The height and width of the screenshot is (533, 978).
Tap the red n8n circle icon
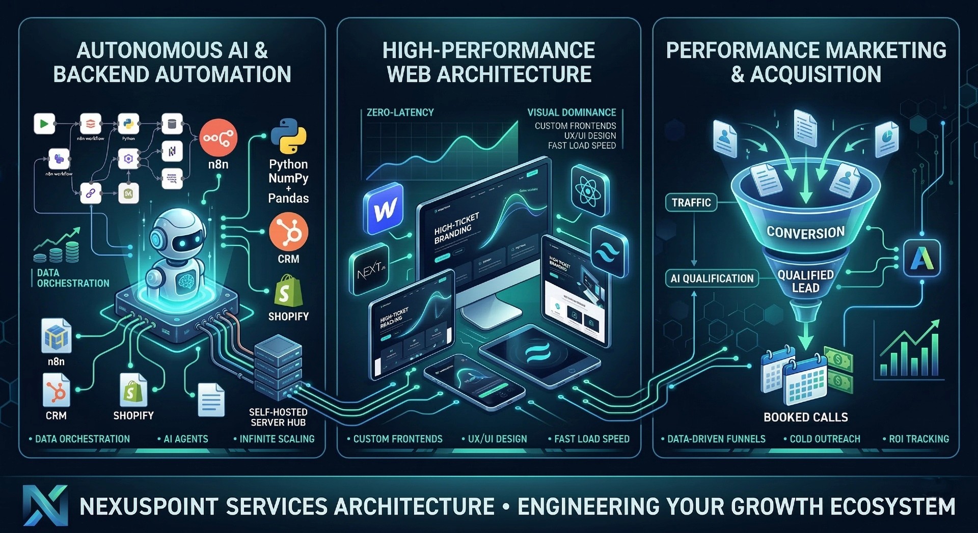[x=218, y=137]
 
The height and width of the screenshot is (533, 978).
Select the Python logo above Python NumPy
[x=288, y=136]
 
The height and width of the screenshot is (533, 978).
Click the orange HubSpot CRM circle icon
[x=288, y=232]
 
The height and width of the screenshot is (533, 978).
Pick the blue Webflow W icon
[x=384, y=208]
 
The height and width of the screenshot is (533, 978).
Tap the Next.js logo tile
[x=369, y=269]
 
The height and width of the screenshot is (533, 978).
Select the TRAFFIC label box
[x=691, y=203]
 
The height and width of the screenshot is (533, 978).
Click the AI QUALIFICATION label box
[x=712, y=278]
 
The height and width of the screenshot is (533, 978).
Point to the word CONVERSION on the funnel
[x=805, y=233]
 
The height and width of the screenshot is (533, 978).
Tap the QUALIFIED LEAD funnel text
[x=805, y=282]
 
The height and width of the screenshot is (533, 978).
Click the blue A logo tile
[x=921, y=259]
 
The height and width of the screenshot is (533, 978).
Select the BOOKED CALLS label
[x=805, y=417]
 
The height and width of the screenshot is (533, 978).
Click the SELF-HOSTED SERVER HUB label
[x=278, y=417]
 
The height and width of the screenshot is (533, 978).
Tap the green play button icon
[x=44, y=124]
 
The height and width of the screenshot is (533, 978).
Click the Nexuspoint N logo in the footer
[x=45, y=505]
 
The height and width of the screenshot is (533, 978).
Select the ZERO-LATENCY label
[x=400, y=113]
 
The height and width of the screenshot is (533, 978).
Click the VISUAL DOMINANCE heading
[x=572, y=113]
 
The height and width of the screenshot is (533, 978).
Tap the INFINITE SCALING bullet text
[x=277, y=439]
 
